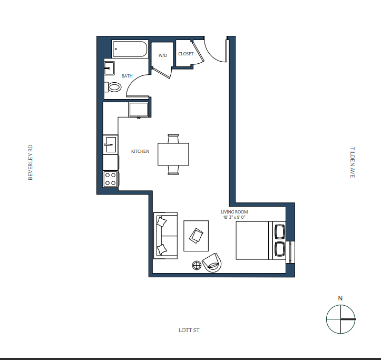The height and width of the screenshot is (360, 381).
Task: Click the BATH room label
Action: pyautogui.click(x=127, y=76)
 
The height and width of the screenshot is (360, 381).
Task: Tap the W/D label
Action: pyautogui.click(x=162, y=55)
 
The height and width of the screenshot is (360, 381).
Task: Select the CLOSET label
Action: pyautogui.click(x=186, y=54)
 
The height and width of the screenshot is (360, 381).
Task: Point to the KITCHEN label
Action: pyautogui.click(x=140, y=151)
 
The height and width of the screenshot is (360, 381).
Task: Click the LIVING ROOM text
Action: pyautogui.click(x=234, y=212)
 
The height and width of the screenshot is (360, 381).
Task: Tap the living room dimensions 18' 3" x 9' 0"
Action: pyautogui.click(x=234, y=217)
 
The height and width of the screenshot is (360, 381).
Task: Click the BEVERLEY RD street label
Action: pyautogui.click(x=30, y=162)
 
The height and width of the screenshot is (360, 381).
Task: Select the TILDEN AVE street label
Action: pyautogui.click(x=353, y=162)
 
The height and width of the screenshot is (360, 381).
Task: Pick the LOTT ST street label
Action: pyautogui.click(x=189, y=330)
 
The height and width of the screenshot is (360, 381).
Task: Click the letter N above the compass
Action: pyautogui.click(x=340, y=298)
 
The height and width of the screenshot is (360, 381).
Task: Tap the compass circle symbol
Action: pyautogui.click(x=340, y=305)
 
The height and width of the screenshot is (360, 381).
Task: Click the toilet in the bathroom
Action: pyautogui.click(x=113, y=87)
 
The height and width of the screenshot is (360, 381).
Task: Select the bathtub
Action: pyautogui.click(x=130, y=49)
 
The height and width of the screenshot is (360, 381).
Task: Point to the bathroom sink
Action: pyautogui.click(x=109, y=69)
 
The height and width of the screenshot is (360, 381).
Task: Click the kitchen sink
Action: pyautogui.click(x=111, y=144)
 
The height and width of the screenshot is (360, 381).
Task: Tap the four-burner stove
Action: pyautogui.click(x=111, y=179)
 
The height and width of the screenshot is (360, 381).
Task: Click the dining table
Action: pyautogui.click(x=173, y=154)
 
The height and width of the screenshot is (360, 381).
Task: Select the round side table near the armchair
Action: pyautogui.click(x=197, y=266)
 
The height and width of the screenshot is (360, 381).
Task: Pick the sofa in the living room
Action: pyautogui.click(x=165, y=236)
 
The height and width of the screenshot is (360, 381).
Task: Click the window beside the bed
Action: pyautogui.click(x=290, y=252)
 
